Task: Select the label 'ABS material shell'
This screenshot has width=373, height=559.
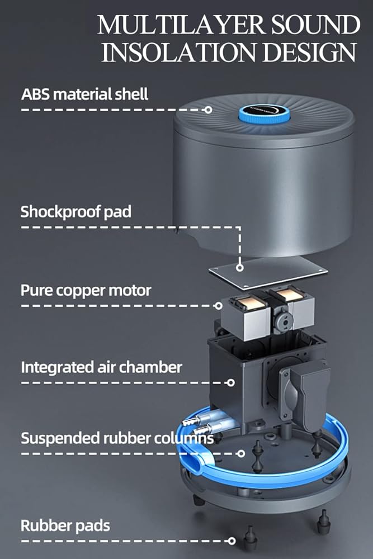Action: pos(85,93)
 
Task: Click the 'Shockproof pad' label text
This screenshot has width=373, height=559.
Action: pos(76,212)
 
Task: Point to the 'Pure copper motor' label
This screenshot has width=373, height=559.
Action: pos(86,291)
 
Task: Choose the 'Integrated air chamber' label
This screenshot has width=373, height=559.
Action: pos(101,367)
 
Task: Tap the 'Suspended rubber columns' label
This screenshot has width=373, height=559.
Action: pos(117,438)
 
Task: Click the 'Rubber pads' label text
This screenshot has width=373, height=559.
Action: pos(65,525)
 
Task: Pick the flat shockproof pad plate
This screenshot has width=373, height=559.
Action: pos(268,271)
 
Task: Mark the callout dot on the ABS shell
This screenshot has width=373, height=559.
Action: pos(208,110)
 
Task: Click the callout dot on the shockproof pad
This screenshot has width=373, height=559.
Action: pos(240,268)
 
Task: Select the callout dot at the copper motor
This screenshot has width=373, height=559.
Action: pos(219,306)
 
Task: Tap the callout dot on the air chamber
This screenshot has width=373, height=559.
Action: pos(231,383)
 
